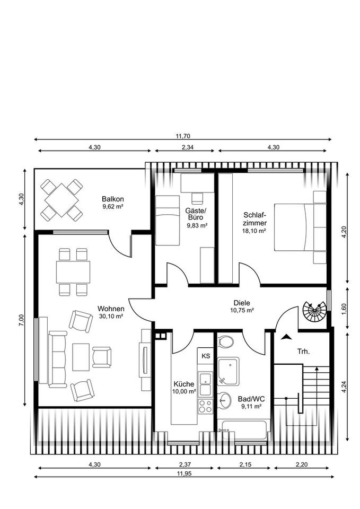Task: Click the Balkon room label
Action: (113, 199)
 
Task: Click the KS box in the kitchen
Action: (206, 356)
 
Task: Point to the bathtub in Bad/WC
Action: (244, 429)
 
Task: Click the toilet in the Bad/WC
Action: (225, 341)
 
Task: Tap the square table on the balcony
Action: (62, 200)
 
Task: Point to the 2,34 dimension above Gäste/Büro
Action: (183, 147)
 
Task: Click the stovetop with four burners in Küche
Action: (205, 406)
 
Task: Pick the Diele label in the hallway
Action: (241, 303)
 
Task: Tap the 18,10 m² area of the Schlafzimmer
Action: (255, 231)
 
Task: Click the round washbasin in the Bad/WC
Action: (225, 400)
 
